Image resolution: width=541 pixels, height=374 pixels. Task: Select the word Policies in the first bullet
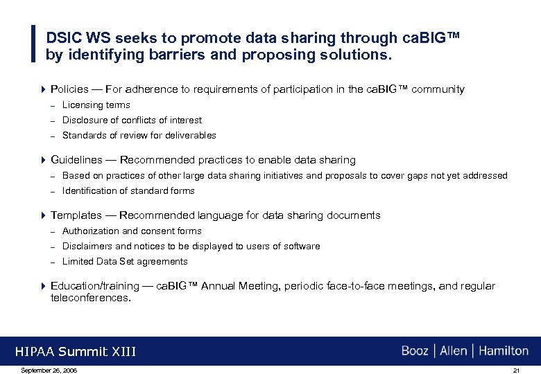(x=69, y=89)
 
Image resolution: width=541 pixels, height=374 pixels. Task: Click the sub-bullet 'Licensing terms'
(x=96, y=105)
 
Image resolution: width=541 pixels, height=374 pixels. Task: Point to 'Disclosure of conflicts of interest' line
(x=132, y=121)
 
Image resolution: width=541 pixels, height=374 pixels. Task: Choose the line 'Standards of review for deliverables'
(x=139, y=136)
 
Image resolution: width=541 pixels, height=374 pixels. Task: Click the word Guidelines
(x=76, y=160)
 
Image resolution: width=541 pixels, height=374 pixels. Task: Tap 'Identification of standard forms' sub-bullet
(x=128, y=191)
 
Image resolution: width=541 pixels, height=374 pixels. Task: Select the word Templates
(x=75, y=215)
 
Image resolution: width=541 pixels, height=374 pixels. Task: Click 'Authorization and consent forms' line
(x=132, y=231)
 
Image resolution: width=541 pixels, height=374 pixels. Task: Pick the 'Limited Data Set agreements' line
(x=125, y=262)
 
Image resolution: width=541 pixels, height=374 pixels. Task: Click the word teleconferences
(x=90, y=299)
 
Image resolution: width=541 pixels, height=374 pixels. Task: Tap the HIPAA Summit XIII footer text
(x=76, y=352)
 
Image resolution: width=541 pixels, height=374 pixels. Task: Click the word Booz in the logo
(x=415, y=351)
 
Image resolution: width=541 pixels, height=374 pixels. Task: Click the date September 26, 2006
(x=49, y=371)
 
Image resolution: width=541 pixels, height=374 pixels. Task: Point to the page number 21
(x=516, y=371)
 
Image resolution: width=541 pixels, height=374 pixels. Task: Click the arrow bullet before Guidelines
(x=43, y=160)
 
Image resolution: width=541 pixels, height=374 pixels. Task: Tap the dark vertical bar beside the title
(x=34, y=44)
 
